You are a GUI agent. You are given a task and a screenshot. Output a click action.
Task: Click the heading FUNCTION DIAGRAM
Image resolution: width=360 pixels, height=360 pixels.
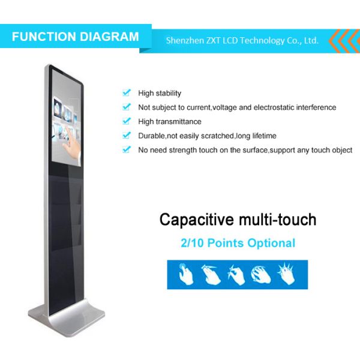75,37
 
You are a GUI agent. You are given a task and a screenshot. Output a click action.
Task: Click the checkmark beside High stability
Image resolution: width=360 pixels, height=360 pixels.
126,93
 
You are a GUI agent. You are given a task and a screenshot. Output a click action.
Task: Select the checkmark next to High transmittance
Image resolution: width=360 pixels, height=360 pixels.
126,121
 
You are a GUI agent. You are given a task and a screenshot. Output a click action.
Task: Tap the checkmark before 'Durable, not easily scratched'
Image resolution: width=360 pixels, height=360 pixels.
126,136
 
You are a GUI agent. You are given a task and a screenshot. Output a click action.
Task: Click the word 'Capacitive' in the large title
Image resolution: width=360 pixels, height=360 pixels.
194,220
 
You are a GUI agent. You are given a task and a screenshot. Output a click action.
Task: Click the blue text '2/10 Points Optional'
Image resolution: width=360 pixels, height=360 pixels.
238,243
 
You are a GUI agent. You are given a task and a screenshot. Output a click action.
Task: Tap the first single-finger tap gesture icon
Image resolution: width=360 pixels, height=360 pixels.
184,274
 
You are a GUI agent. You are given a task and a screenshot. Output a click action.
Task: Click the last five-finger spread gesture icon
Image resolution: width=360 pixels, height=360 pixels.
284,274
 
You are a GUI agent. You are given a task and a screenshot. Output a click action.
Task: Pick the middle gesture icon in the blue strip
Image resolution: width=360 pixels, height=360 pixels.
234,274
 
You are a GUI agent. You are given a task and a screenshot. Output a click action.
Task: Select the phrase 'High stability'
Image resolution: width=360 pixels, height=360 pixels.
160,93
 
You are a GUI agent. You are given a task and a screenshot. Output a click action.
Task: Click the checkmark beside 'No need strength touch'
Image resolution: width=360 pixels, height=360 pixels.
126,150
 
